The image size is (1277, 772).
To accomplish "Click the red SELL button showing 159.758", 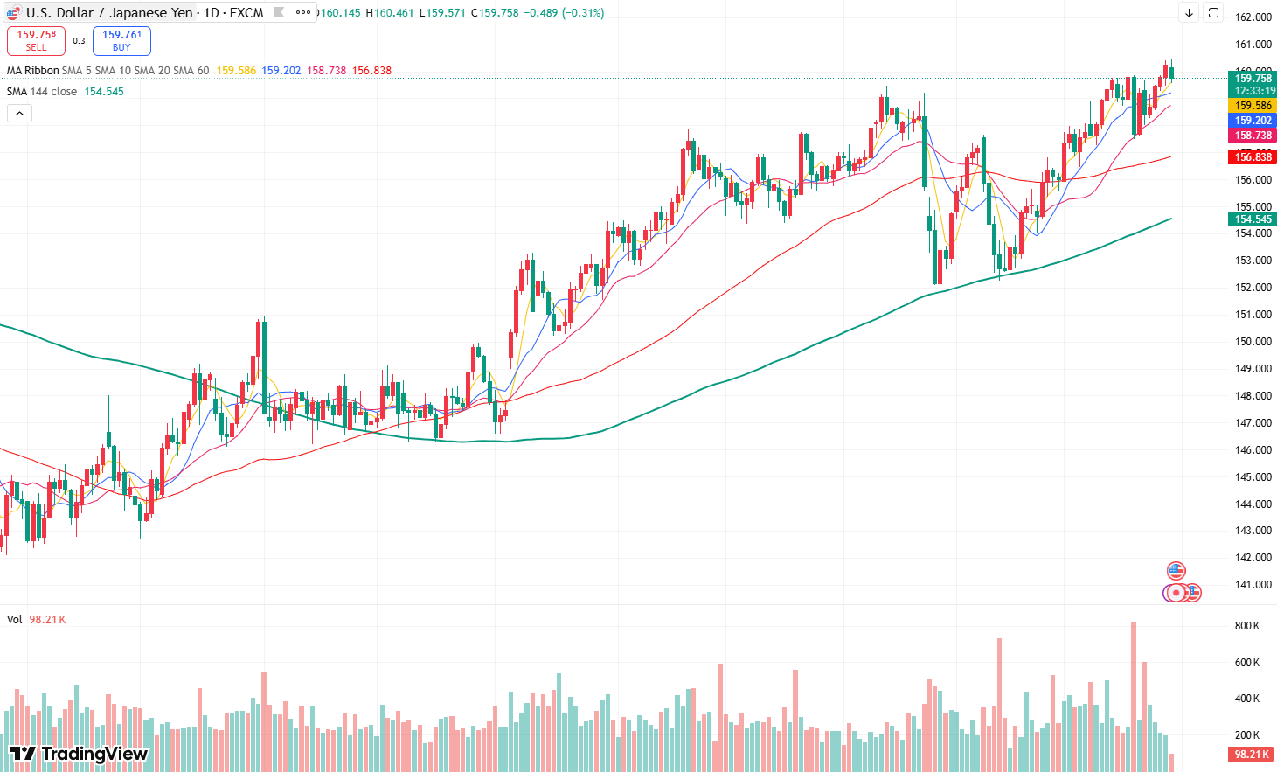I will [36, 40].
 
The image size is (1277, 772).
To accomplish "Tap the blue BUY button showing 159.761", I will [121, 40].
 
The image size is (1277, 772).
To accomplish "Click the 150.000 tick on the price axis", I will [1253, 342].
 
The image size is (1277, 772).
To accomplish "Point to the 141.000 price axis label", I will [1253, 585].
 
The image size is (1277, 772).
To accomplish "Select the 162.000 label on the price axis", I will [1253, 17].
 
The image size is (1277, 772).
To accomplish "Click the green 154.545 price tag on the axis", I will [1253, 219].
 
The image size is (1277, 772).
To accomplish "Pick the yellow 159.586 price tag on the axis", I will [1253, 106].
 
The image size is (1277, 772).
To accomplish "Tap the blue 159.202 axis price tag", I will [1253, 121].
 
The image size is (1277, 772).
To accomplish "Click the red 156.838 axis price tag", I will [1253, 157].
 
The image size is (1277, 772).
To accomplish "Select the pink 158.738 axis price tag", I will [1253, 136].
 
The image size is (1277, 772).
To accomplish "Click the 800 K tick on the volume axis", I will [1247, 626].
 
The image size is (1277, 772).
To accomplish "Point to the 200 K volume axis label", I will [1247, 735].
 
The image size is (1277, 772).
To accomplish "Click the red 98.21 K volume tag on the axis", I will [1251, 755].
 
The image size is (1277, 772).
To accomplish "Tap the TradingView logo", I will [78, 754].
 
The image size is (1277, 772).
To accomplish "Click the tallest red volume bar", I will [1134, 695].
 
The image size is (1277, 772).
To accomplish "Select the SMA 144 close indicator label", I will [42, 92].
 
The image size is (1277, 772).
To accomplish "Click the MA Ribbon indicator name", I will [33, 71].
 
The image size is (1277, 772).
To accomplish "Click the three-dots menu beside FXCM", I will [303, 13].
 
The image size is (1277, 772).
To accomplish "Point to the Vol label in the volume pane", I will [15, 620].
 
